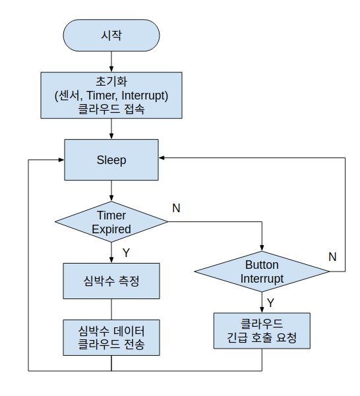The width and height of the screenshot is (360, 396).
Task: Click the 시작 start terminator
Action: tap(111, 36)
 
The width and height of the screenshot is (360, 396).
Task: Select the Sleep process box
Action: tap(111, 159)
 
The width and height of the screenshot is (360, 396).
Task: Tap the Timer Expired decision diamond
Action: tap(111, 222)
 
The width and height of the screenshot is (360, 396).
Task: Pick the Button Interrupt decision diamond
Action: tap(262, 271)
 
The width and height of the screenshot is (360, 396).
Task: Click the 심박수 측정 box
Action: tap(111, 281)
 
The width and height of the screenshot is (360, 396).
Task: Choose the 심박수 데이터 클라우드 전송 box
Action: tap(111, 337)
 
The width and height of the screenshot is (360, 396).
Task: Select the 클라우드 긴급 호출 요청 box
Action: tap(262, 331)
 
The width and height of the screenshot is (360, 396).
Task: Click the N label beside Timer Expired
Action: tap(176, 208)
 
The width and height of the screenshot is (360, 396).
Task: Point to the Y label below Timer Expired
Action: tap(126, 252)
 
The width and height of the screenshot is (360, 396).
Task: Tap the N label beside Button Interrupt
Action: tap(332, 257)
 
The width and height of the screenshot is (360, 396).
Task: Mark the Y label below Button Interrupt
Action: tap(270, 302)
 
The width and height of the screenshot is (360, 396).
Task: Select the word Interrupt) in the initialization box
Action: tap(145, 96)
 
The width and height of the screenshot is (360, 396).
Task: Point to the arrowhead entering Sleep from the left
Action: tap(61, 159)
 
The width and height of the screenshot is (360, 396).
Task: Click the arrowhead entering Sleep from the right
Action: tap(162, 158)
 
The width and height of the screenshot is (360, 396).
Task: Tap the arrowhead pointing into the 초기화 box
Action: tap(111, 69)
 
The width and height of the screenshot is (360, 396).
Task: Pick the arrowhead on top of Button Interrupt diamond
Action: tap(262, 248)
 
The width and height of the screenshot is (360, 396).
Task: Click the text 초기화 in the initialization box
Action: tap(111, 81)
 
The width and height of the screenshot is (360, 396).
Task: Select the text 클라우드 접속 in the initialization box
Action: tap(111, 109)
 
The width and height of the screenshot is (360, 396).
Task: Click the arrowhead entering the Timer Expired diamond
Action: tap(111, 198)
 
